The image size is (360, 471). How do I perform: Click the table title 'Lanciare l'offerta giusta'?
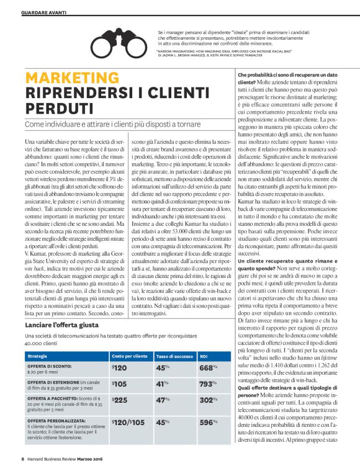click(x=63, y=325)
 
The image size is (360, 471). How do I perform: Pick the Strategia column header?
click(x=37, y=357)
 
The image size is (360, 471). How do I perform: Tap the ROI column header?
click(x=204, y=357)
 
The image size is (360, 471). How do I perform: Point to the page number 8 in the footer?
click(x=22, y=459)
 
